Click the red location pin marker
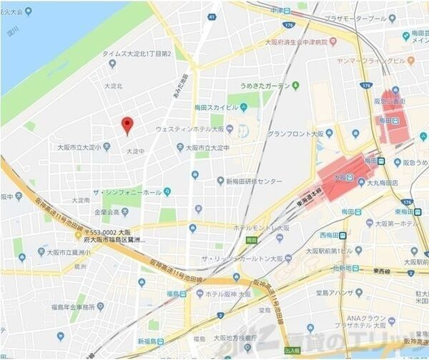point(127,125)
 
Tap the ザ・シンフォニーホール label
point(132,191)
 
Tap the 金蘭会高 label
point(106,212)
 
